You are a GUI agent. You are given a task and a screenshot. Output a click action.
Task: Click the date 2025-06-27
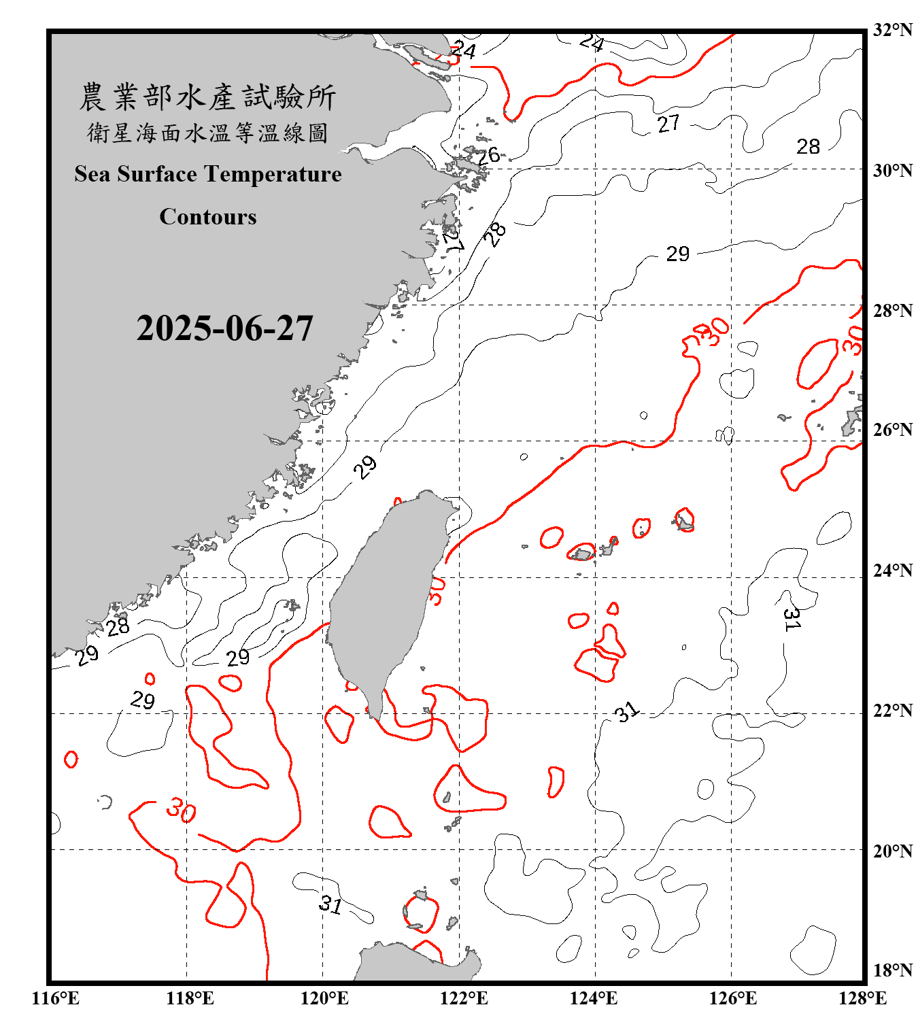coord(224,328)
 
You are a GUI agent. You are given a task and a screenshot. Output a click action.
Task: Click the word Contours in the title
coord(208,217)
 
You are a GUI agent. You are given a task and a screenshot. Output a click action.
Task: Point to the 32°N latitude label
coord(892,30)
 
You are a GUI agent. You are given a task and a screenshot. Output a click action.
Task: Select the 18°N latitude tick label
coord(892,970)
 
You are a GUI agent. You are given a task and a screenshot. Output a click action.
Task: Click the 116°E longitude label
coord(56,998)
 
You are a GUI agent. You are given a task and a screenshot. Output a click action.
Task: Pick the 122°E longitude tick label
coord(464,998)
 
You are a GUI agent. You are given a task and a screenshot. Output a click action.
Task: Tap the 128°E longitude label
coord(862,998)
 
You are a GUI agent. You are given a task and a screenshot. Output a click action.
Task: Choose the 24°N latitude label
coord(892,570)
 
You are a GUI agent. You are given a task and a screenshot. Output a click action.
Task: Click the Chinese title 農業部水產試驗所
coord(208,97)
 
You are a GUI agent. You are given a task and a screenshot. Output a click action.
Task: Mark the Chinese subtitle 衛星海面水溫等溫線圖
coord(208,133)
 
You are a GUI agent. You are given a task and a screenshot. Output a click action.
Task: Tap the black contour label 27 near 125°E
coord(668,123)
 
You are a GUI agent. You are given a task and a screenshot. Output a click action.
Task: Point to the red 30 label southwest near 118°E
coord(181,810)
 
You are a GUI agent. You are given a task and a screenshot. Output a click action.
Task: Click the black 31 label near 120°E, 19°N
coord(330,904)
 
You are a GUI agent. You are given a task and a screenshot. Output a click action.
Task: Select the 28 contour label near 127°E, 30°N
coord(808,146)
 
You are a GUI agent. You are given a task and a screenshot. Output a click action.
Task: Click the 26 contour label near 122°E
coord(488,156)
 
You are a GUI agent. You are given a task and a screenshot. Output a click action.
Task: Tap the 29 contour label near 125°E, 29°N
coord(677,254)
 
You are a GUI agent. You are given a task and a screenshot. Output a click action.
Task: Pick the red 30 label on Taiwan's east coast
coord(437,590)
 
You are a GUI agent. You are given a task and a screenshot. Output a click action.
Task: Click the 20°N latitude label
coord(892,851)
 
